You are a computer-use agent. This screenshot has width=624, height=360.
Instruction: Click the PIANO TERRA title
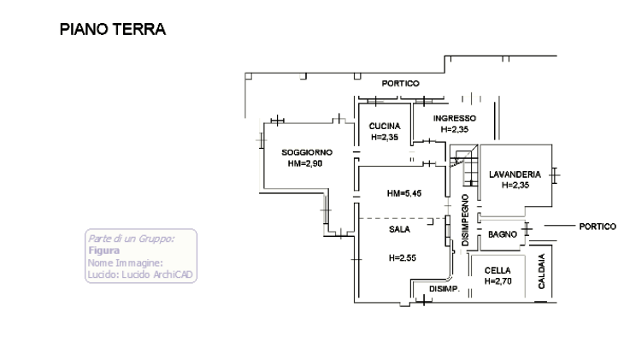(x=113, y=30)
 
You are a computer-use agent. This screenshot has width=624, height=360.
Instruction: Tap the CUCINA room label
(x=385, y=125)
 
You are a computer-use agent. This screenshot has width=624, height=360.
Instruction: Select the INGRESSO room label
(x=455, y=118)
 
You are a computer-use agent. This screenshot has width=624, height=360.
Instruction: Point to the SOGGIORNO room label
(x=307, y=152)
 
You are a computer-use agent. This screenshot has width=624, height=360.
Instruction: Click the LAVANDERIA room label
(x=515, y=174)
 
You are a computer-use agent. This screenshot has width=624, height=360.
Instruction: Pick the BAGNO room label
(x=503, y=234)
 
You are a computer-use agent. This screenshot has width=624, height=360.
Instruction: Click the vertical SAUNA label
(x=542, y=274)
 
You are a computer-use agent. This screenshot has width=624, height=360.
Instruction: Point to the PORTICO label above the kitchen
(x=400, y=84)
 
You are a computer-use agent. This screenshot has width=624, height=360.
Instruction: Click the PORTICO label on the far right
(x=598, y=227)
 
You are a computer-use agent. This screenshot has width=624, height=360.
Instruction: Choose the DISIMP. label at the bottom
(x=444, y=289)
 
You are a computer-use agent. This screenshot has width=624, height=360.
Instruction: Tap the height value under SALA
(x=402, y=258)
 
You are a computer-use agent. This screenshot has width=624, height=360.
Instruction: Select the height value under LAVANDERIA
(x=515, y=185)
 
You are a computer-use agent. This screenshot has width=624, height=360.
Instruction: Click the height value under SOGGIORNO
(x=304, y=163)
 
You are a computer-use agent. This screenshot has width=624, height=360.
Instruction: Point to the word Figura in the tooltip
(x=103, y=251)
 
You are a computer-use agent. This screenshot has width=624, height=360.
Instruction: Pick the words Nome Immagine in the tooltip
(x=125, y=263)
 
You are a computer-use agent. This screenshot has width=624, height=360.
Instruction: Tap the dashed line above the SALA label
(x=402, y=219)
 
